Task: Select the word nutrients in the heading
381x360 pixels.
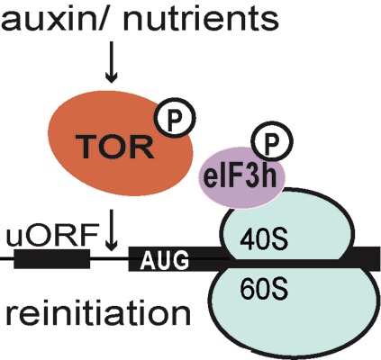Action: (201, 19)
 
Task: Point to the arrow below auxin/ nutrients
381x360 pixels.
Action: (112, 62)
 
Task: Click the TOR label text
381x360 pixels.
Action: (115, 147)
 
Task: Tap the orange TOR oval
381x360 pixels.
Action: (121, 143)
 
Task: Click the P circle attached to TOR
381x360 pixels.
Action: (175, 117)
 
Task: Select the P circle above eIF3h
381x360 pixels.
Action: (272, 142)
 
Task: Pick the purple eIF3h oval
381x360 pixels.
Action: (241, 177)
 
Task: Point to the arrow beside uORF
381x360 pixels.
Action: (112, 230)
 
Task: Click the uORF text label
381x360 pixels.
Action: (52, 235)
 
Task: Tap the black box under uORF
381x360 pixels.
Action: (52, 258)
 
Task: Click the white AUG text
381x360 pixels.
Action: (165, 260)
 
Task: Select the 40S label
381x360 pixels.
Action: (264, 240)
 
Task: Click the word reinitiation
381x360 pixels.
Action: (98, 314)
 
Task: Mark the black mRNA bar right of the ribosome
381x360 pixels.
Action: (365, 257)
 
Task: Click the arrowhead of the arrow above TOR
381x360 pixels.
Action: (112, 78)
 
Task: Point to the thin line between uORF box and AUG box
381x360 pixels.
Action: (109, 258)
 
